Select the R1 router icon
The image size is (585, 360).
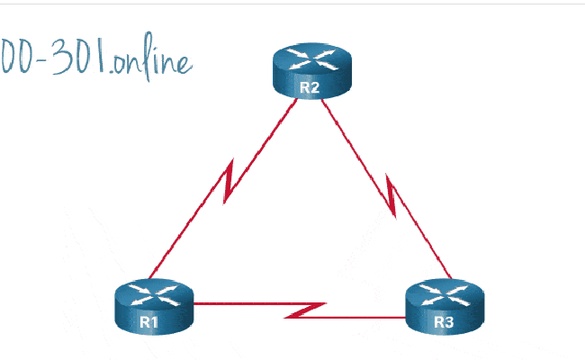click(154, 305)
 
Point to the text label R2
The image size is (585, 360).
click(310, 87)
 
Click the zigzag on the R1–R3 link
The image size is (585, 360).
click(306, 310)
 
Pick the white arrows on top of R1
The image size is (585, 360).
click(154, 293)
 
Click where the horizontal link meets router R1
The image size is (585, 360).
click(194, 304)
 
